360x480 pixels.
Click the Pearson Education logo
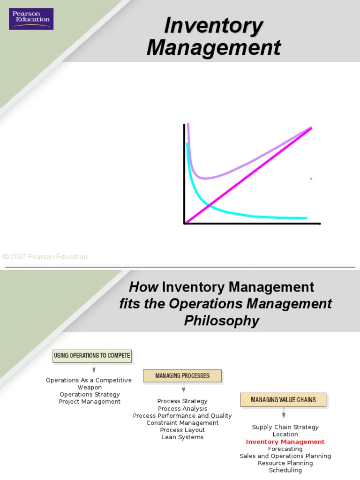[x=31, y=19]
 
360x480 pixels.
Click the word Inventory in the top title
[x=213, y=26]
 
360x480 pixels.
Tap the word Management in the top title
[x=214, y=48]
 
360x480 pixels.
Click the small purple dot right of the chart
[x=311, y=179]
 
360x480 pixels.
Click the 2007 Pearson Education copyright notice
[x=45, y=257]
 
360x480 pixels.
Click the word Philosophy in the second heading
[x=221, y=321]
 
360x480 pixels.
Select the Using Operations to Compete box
[x=92, y=356]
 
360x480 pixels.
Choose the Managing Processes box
[x=182, y=376]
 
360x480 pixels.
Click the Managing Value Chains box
[x=283, y=400]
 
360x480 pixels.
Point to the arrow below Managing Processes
[x=183, y=388]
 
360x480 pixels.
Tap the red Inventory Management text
[x=285, y=442]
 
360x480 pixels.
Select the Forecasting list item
[x=285, y=449]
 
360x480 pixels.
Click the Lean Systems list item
[x=182, y=437]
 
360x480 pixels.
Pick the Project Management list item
[x=90, y=401]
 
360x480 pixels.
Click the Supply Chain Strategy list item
[x=285, y=427]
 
